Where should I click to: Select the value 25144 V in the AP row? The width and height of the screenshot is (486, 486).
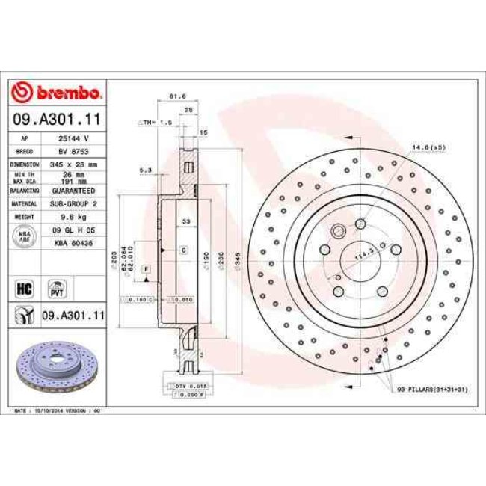click(75, 138)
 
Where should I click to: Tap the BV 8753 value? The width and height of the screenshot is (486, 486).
click(75, 150)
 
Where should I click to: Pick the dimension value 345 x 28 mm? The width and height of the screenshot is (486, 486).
click(75, 163)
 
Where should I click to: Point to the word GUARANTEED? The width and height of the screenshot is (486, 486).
click(75, 191)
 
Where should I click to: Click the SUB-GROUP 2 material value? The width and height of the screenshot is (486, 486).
click(75, 203)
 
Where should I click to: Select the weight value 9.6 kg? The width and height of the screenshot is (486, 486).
click(75, 216)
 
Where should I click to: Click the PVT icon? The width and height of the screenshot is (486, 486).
click(56, 288)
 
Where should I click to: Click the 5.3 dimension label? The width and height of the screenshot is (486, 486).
click(145, 170)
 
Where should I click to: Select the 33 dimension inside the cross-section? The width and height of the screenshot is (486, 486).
click(186, 221)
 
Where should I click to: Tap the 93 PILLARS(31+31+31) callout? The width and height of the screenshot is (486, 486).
click(432, 389)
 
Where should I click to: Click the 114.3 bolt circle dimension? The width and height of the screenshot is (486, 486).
click(363, 256)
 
